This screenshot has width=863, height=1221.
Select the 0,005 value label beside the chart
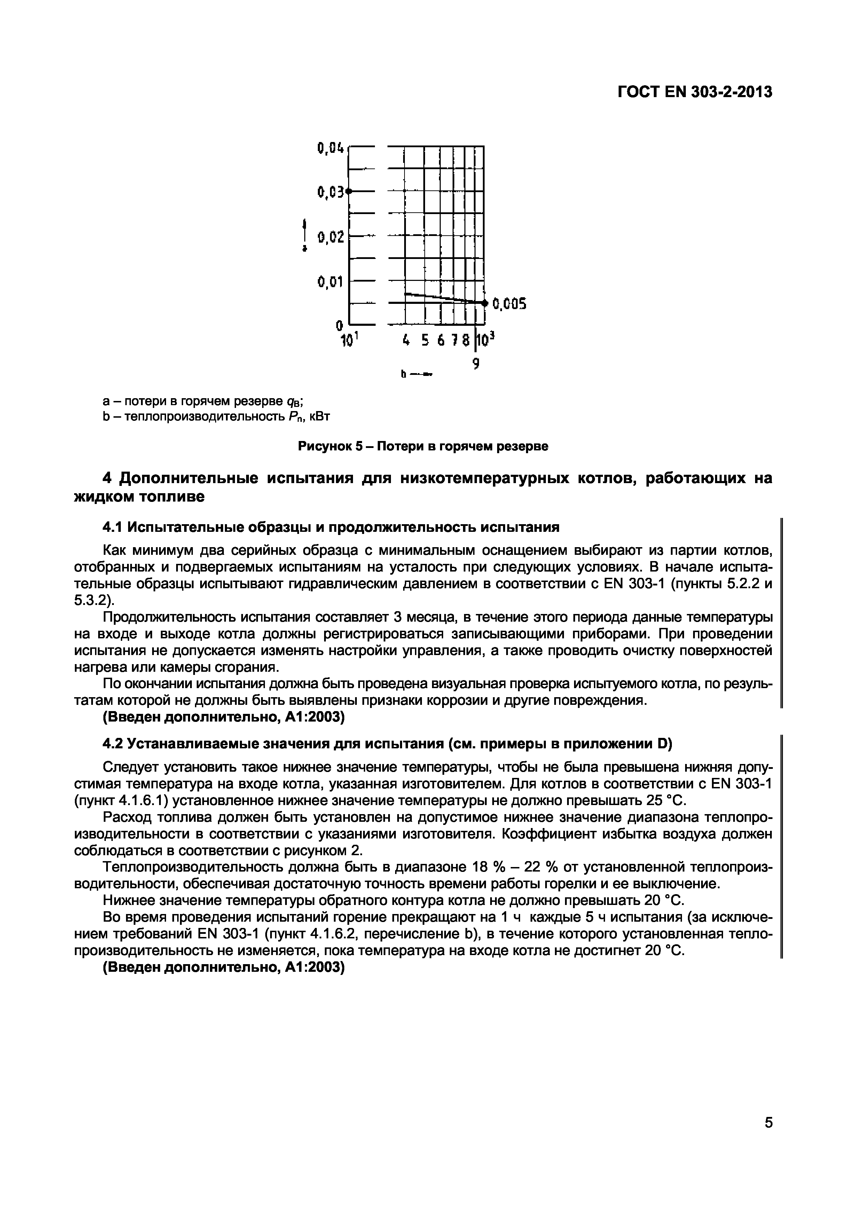[509, 304]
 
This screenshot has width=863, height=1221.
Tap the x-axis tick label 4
[406, 340]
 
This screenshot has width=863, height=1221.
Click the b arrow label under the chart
[416, 375]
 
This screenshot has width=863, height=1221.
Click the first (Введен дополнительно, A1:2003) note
[223, 717]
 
